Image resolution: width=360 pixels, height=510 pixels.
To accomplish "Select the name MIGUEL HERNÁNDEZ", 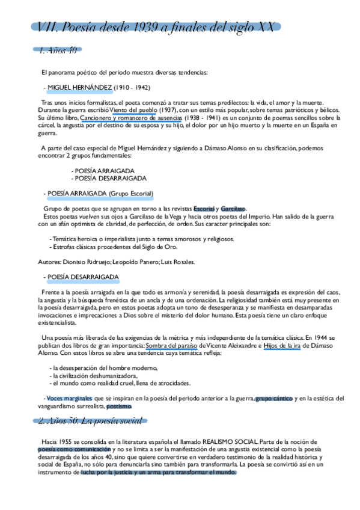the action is tap(79, 87).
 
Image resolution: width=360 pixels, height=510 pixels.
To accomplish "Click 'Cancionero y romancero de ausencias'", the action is tap(130, 118).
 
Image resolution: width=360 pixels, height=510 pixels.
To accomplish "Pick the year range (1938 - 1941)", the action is tap(203, 118).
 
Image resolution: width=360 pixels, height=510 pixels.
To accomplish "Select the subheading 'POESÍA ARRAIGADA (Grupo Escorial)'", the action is tap(100, 193).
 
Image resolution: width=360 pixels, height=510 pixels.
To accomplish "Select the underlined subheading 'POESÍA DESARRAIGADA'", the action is tap(83, 277).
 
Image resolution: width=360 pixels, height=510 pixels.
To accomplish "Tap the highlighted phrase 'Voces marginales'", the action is tap(69, 398).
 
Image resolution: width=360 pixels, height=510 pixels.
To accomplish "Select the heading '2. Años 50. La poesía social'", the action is tap(89, 420).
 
